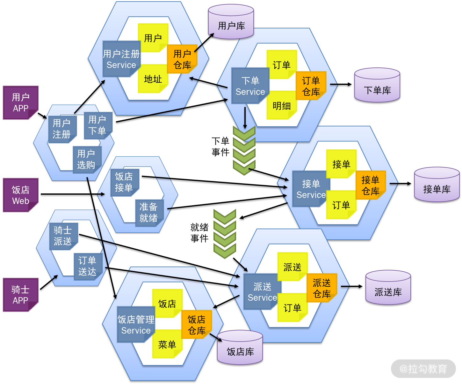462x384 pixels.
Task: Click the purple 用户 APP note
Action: pos(21,102)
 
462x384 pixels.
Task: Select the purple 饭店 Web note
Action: pos(21,195)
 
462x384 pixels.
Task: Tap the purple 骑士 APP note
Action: pos(21,295)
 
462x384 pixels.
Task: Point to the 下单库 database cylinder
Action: pos(377,86)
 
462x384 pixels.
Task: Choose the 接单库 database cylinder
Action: pos(437,185)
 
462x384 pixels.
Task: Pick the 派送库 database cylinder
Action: pos(388,288)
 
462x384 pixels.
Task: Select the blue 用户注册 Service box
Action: pos(121,59)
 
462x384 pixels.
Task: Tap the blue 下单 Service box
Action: pos(250,86)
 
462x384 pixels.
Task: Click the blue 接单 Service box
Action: pos(311,189)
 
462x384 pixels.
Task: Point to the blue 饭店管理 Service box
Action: pos(136,325)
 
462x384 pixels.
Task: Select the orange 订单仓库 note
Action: pos(311,86)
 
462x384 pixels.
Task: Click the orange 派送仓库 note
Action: pos(322,288)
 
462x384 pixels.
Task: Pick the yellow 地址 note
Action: pos(153,79)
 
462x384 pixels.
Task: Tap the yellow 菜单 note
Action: pos(167,344)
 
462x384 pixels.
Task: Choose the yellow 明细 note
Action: pos(282,105)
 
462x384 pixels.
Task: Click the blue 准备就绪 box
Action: pos(149,213)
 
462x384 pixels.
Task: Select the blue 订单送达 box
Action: pos(88,266)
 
